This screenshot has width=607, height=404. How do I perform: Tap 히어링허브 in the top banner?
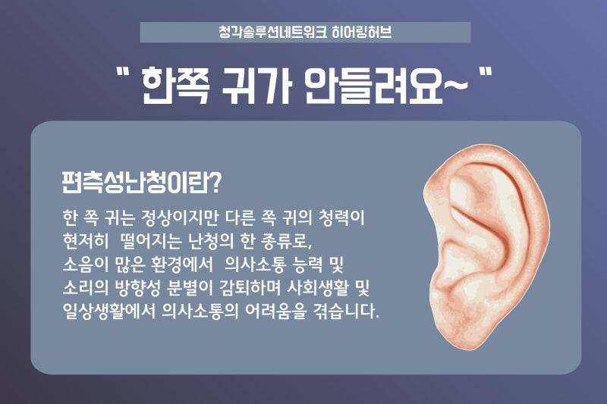pos(362,32)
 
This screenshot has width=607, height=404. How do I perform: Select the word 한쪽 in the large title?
pos(175,86)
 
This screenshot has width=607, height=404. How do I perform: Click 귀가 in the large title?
pos(256,86)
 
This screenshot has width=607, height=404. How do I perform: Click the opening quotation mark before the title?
pos(123,73)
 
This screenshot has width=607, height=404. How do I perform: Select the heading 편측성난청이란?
pos(137,183)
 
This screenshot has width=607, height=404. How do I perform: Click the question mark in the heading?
pos(216,183)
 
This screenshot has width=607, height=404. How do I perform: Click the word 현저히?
pos(85,241)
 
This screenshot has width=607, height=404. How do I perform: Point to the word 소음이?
pos(85,265)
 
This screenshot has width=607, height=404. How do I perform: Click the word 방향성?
pos(138,287)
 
